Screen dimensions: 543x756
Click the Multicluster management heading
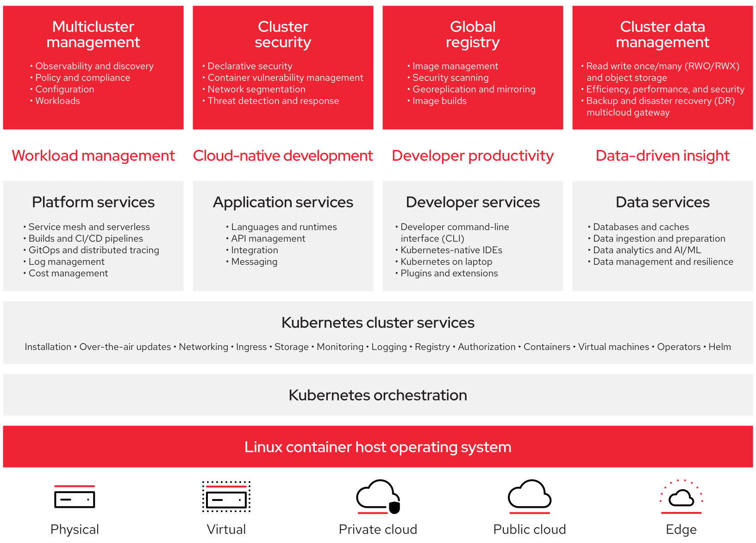[93, 34]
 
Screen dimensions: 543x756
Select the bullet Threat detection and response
[273, 101]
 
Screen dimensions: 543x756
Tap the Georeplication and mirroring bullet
[474, 89]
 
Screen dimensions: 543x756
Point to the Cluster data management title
[662, 34]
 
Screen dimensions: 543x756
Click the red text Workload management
[93, 156]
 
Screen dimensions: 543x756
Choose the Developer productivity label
[473, 156]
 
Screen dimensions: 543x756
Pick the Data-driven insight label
[662, 156]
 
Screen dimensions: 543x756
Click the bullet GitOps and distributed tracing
[94, 250]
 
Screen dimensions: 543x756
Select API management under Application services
[268, 238]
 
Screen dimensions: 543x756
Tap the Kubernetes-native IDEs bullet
[451, 250]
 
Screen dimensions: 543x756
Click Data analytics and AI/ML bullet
[647, 250]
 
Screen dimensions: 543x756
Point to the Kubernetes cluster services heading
[378, 323]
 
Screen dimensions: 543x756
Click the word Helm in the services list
[719, 347]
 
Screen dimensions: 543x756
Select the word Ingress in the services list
[251, 347]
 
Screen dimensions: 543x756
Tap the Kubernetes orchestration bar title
[378, 395]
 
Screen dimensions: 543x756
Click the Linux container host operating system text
[378, 447]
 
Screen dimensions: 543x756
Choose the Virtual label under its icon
[226, 529]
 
